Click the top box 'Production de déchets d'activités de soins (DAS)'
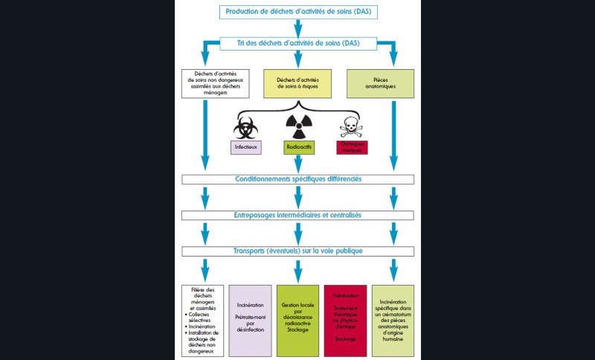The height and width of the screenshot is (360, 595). [x=298, y=12]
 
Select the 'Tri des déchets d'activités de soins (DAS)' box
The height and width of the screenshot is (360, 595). [x=298, y=43]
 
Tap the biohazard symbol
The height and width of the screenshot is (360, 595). [x=245, y=126]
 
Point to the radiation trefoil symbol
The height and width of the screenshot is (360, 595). [x=298, y=125]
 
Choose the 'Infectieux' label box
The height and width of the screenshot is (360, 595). [x=246, y=147]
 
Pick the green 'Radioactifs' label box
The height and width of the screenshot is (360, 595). [x=298, y=147]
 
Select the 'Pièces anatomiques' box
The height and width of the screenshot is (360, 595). [x=381, y=83]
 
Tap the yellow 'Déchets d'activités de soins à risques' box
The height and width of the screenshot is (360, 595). [x=298, y=83]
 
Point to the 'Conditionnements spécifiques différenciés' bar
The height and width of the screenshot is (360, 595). [x=298, y=179]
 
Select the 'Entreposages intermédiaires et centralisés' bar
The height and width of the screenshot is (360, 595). [x=298, y=215]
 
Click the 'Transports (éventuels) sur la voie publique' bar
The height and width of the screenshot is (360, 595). [x=298, y=251]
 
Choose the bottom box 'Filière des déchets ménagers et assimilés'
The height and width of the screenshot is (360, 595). [x=203, y=321]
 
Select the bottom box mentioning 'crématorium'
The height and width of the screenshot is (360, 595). [x=392, y=321]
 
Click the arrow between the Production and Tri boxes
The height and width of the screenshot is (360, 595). [x=298, y=28]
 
